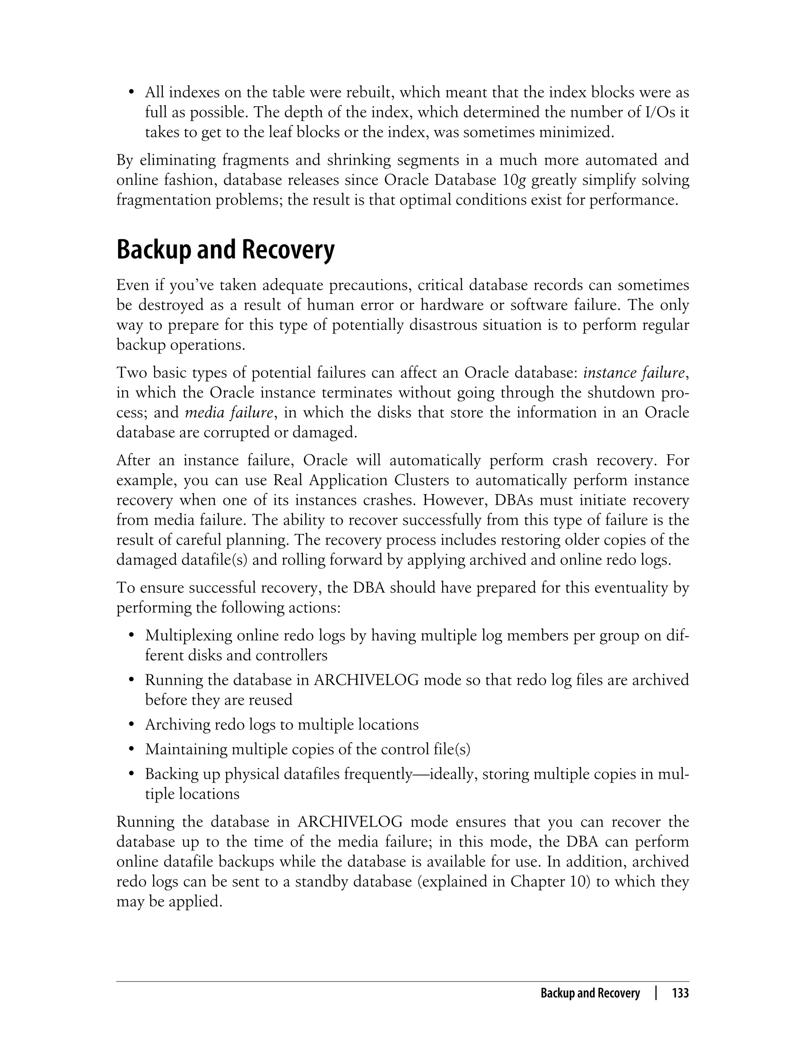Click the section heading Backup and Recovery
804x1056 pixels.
tap(225, 250)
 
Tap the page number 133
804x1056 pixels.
tap(680, 993)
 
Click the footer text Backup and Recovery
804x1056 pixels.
tap(590, 993)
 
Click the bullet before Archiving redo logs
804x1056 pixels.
tap(131, 725)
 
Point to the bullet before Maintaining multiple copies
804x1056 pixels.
tap(131, 750)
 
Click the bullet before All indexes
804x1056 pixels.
tap(131, 92)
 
